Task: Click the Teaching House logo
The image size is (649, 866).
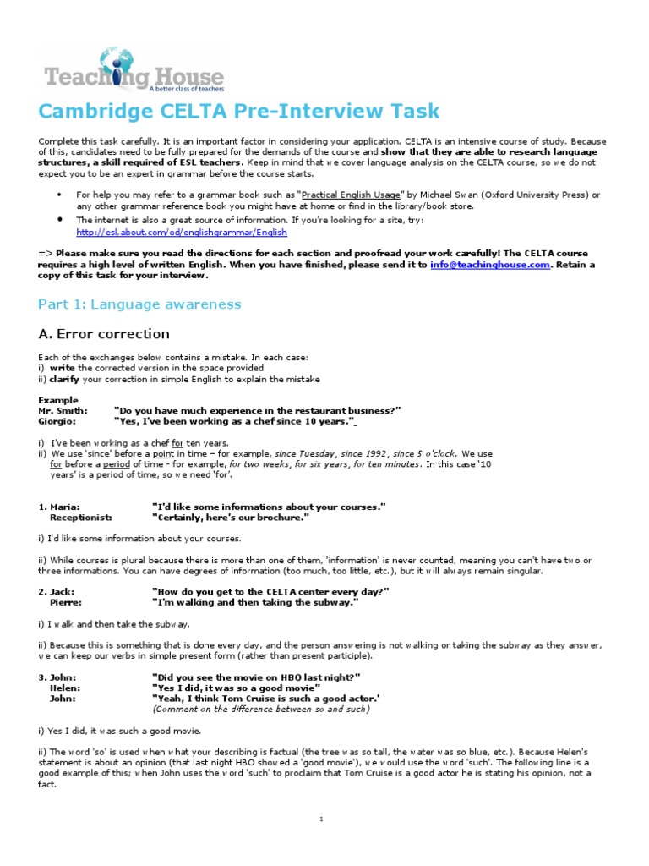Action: pyautogui.click(x=134, y=69)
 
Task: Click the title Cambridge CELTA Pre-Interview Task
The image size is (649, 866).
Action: pyautogui.click(x=227, y=112)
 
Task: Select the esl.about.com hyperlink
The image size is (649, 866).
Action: pyautogui.click(x=182, y=232)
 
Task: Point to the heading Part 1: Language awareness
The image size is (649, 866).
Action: pyautogui.click(x=139, y=304)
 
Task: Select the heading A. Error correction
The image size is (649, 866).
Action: pyautogui.click(x=104, y=334)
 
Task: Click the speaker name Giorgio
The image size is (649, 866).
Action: pyautogui.click(x=57, y=421)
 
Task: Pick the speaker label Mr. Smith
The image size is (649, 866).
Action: pyautogui.click(x=63, y=410)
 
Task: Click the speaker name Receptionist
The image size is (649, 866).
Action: pyautogui.click(x=80, y=517)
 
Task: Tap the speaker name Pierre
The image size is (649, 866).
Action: pyautogui.click(x=66, y=602)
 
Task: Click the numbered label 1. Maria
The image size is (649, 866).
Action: pyautogui.click(x=57, y=506)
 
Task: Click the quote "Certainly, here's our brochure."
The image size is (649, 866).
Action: pyautogui.click(x=230, y=517)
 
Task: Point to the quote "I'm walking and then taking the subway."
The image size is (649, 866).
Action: pyautogui.click(x=255, y=602)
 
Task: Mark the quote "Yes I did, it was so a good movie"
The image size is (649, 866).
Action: pyautogui.click(x=236, y=688)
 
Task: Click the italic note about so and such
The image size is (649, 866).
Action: pyautogui.click(x=260, y=709)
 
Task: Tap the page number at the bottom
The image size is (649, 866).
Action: pyautogui.click(x=322, y=819)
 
